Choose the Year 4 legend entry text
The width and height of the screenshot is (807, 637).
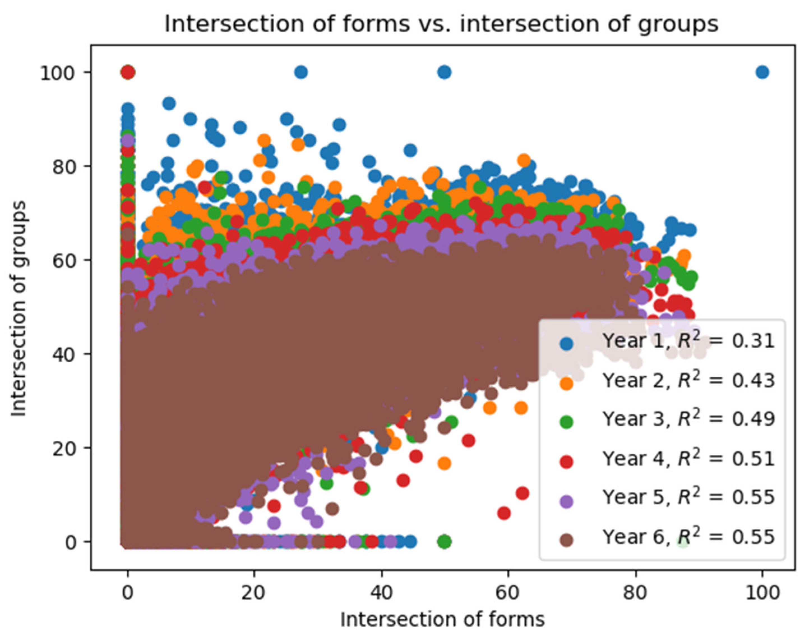[688, 458]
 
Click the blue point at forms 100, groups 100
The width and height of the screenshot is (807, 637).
[762, 72]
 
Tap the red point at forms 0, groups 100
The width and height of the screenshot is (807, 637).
[128, 72]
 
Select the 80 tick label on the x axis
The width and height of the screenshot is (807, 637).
[635, 592]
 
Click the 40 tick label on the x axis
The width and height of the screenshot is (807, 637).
[381, 592]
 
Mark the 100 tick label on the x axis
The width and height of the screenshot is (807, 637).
[762, 592]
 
